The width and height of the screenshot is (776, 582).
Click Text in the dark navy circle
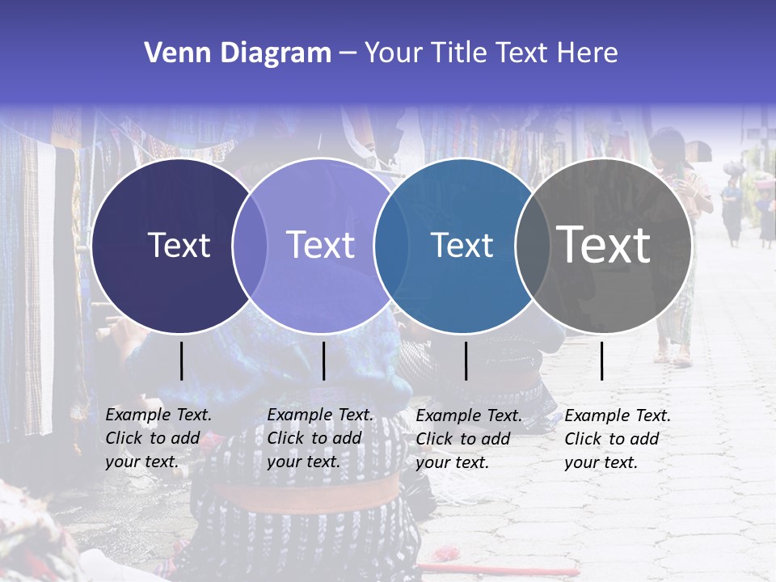click(179, 246)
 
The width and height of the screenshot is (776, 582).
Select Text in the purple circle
click(321, 246)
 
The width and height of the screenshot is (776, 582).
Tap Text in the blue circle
click(462, 246)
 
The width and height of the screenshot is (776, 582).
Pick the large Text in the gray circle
click(604, 245)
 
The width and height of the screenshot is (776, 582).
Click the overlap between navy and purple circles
click(250, 246)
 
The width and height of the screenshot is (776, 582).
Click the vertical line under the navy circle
click(181, 361)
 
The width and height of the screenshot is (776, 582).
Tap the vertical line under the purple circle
click(323, 361)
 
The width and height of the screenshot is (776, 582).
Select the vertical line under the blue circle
click(466, 361)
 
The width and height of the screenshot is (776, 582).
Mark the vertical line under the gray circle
click(601, 361)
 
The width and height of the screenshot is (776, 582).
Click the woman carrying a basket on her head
click(733, 202)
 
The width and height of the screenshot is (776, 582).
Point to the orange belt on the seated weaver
click(307, 492)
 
